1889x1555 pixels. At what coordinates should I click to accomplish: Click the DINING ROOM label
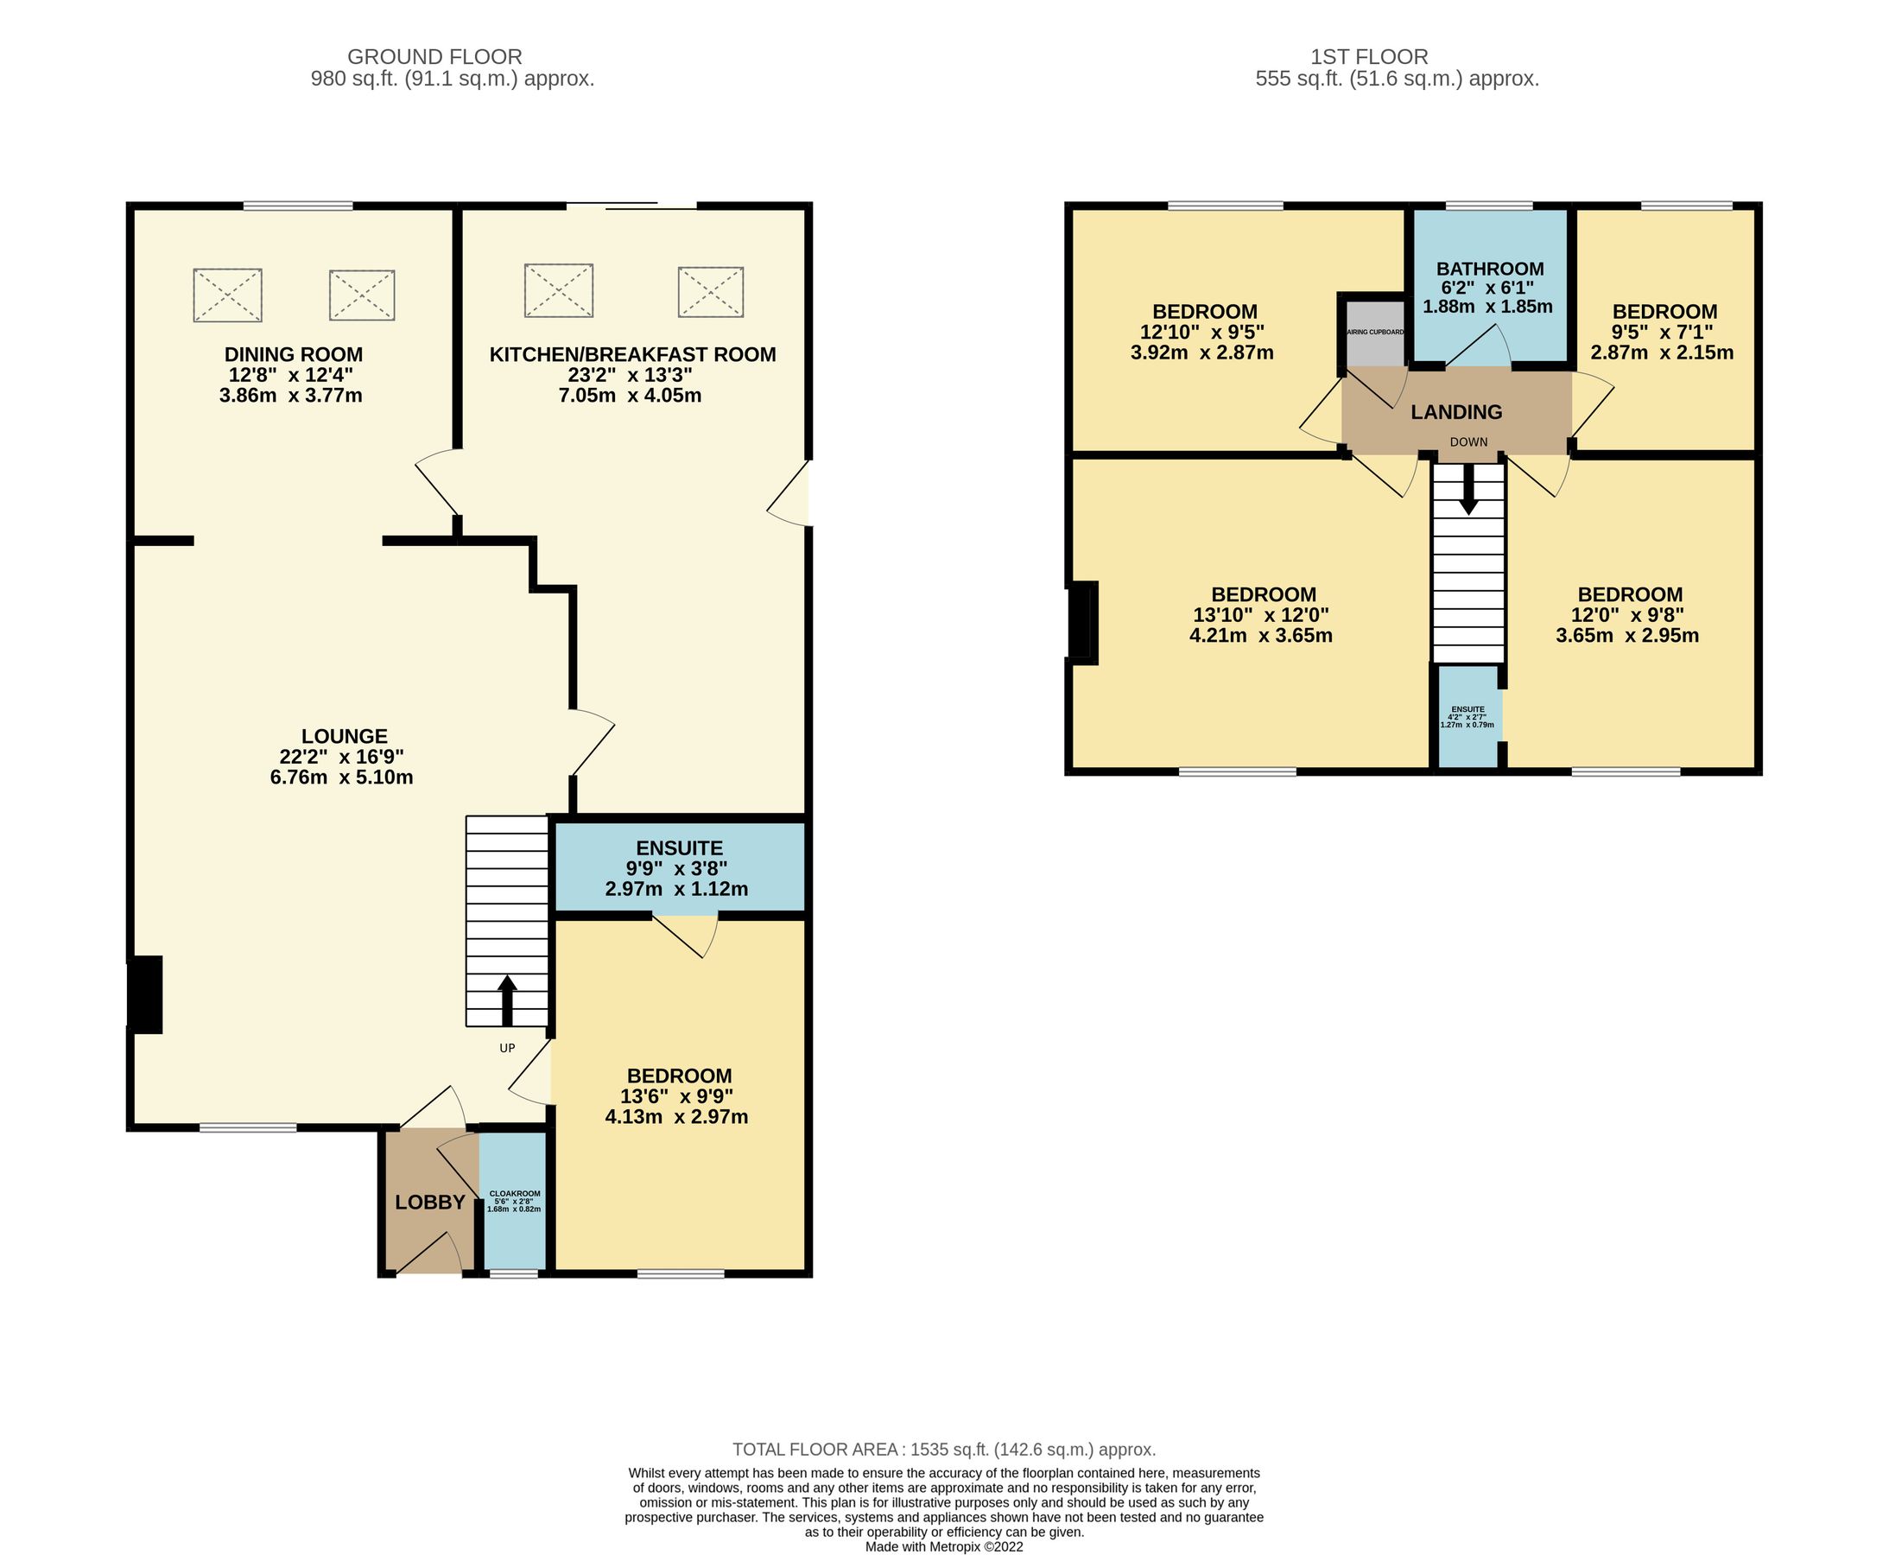(x=293, y=355)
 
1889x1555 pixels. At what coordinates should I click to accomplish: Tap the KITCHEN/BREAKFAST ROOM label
(x=632, y=355)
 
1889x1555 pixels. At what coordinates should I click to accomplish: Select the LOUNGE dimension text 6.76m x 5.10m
(x=341, y=777)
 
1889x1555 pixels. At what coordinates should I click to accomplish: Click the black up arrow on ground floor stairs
(x=507, y=1000)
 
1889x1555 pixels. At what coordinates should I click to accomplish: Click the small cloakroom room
(x=514, y=1200)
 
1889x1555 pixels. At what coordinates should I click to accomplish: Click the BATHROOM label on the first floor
(x=1490, y=269)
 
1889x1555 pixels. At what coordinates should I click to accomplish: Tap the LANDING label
(x=1456, y=412)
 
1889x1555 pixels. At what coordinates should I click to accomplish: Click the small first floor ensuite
(x=1467, y=716)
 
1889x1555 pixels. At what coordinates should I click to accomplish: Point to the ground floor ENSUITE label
(x=679, y=848)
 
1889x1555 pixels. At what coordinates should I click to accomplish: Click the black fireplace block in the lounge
(x=146, y=994)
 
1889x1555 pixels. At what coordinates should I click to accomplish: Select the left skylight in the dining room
(x=227, y=295)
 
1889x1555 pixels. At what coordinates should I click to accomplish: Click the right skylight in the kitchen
(x=710, y=292)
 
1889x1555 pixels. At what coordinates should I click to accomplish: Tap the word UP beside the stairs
(x=507, y=1048)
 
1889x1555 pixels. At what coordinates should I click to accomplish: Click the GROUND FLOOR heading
(x=434, y=57)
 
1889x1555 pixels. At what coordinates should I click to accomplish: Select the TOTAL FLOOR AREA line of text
(x=943, y=1450)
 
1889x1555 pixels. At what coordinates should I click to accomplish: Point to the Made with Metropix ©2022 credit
(x=943, y=1547)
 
